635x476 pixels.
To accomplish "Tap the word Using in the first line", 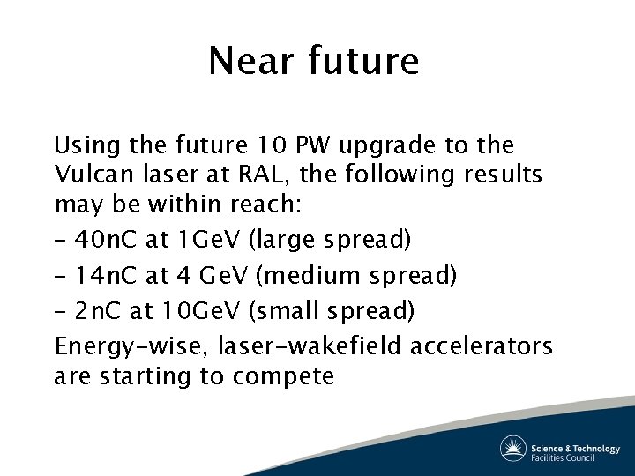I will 82,145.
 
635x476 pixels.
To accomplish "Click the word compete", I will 283,377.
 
